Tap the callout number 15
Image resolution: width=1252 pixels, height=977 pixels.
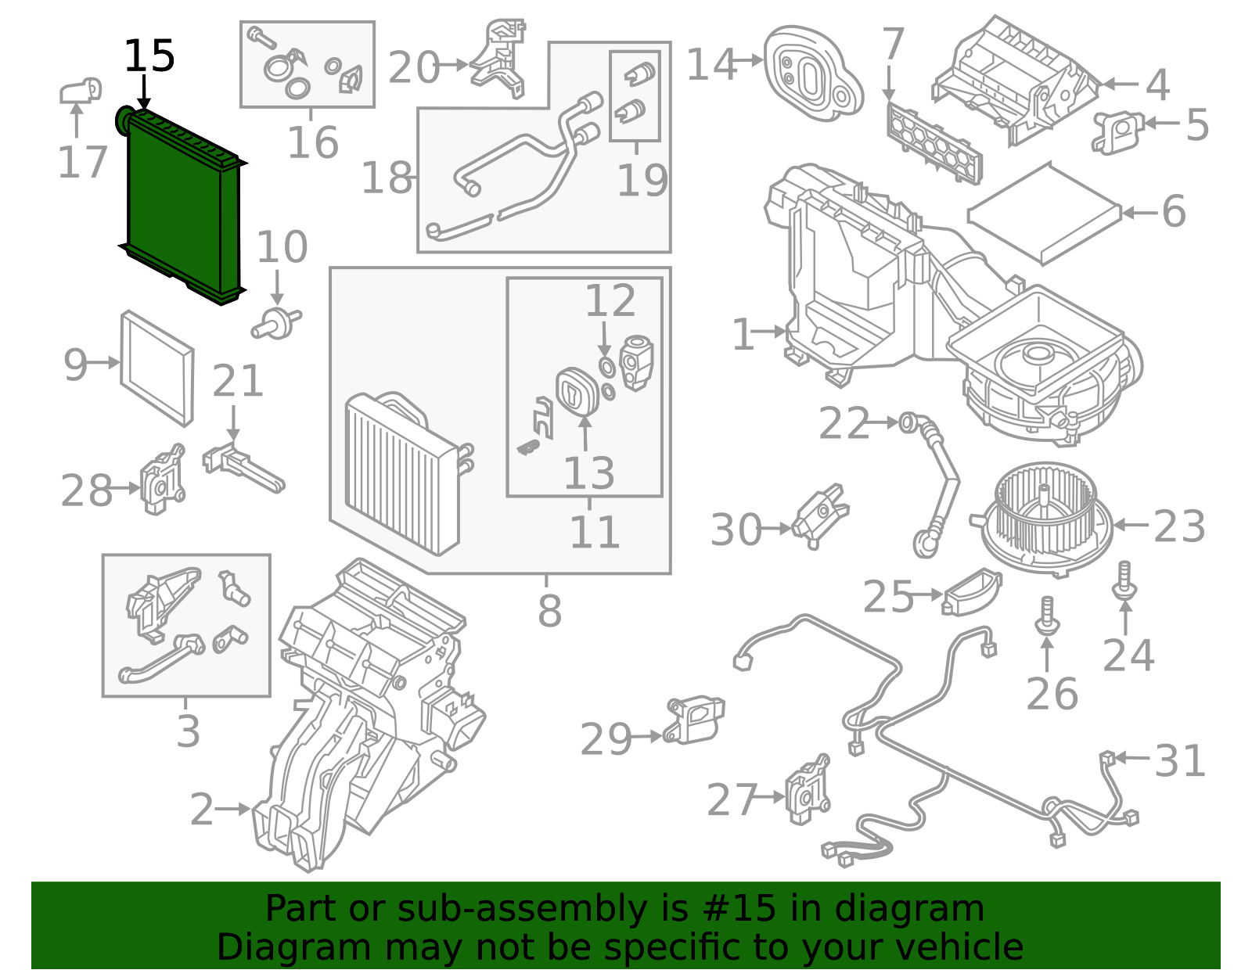coord(149,57)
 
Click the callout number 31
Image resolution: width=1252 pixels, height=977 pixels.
coord(1179,760)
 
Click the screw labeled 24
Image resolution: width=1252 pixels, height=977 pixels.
coord(1124,584)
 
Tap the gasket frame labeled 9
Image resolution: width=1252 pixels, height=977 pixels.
coord(156,368)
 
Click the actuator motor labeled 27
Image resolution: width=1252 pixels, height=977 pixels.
coord(808,792)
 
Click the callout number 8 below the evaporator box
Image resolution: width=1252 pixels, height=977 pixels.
coord(549,611)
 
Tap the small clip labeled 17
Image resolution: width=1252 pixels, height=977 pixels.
coord(81,91)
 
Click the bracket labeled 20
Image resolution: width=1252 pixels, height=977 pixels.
coord(499,58)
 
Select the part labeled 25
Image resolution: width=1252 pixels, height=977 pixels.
coord(973,592)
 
